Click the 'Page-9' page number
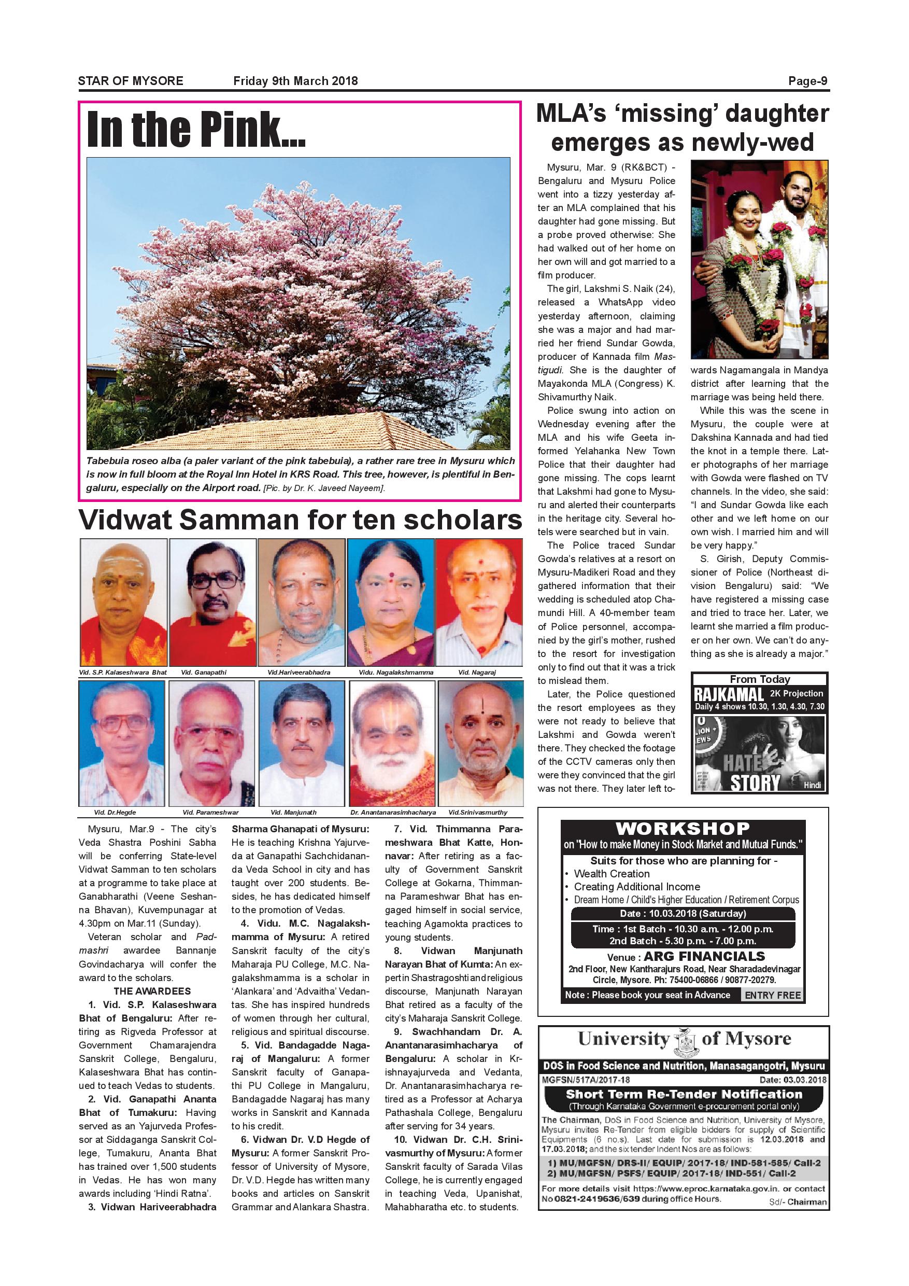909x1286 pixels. pos(808,81)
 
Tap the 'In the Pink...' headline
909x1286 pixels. pos(195,130)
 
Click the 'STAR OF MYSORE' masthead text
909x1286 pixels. pos(131,81)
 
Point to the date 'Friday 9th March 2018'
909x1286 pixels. pos(295,81)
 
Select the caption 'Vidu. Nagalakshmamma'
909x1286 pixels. pos(390,672)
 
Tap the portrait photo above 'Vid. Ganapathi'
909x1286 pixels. pos(212,602)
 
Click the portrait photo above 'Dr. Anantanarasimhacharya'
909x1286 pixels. pos(392,743)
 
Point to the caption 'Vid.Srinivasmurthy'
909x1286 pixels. pos(477,812)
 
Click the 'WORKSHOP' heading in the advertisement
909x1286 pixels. pos(683,829)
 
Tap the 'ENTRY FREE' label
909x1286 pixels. pos(772,995)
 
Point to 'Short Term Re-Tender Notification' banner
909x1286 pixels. pos(684,1094)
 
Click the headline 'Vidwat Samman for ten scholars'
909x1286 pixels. pos(300,520)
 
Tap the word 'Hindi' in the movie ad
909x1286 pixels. pos(812,785)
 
